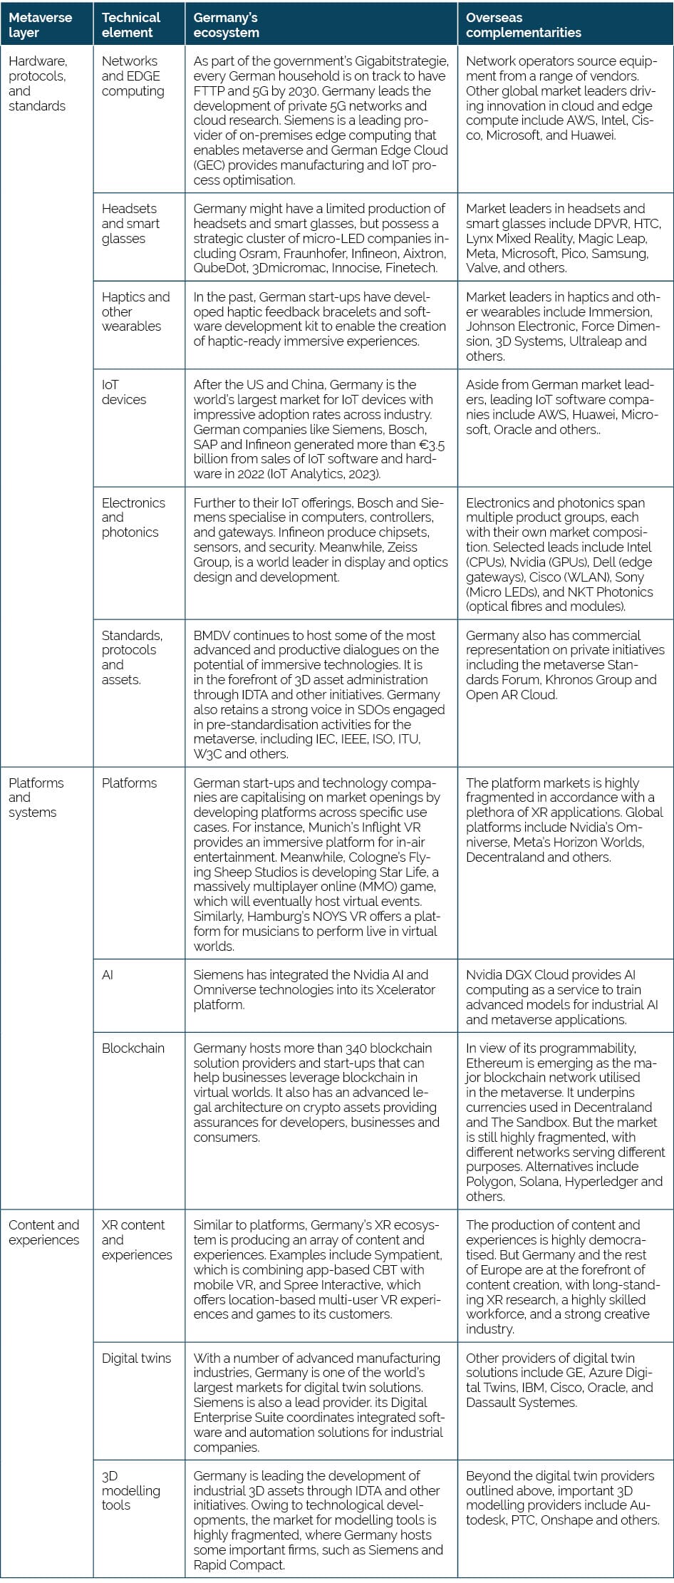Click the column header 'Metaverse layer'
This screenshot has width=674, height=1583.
click(41, 25)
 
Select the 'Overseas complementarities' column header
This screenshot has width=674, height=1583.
click(524, 25)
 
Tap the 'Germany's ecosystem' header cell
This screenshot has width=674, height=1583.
click(227, 25)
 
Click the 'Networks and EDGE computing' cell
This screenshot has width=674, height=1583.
click(133, 76)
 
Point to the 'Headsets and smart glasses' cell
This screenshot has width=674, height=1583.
click(130, 224)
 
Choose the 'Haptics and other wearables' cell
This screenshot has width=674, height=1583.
click(135, 311)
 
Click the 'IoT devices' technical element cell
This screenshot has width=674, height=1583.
click(123, 392)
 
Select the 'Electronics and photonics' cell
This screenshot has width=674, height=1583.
click(133, 517)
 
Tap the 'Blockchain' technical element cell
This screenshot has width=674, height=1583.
click(133, 1048)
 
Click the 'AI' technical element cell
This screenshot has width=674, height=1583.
click(108, 974)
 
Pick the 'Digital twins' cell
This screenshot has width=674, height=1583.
click(136, 1358)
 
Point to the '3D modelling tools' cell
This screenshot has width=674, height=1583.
click(130, 1490)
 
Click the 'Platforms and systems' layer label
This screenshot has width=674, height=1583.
click(36, 798)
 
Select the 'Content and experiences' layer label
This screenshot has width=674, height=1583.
click(43, 1232)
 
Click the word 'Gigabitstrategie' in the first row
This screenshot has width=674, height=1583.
click(402, 61)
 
